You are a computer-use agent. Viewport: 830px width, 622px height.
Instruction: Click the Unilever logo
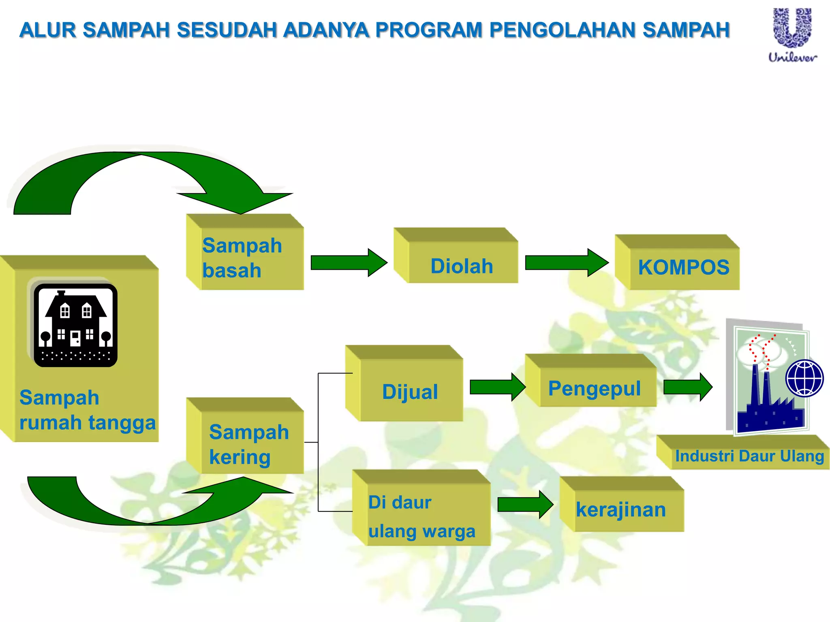[792, 34]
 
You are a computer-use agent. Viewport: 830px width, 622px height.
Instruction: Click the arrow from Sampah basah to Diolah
[348, 263]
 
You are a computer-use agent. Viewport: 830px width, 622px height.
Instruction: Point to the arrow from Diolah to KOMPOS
[566, 263]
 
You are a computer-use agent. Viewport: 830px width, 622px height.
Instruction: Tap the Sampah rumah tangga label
[87, 410]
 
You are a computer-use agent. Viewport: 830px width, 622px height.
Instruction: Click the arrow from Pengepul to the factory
[687, 387]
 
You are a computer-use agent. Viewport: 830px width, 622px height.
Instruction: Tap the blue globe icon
[804, 378]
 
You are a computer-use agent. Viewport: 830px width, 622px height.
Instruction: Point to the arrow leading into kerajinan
[525, 505]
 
